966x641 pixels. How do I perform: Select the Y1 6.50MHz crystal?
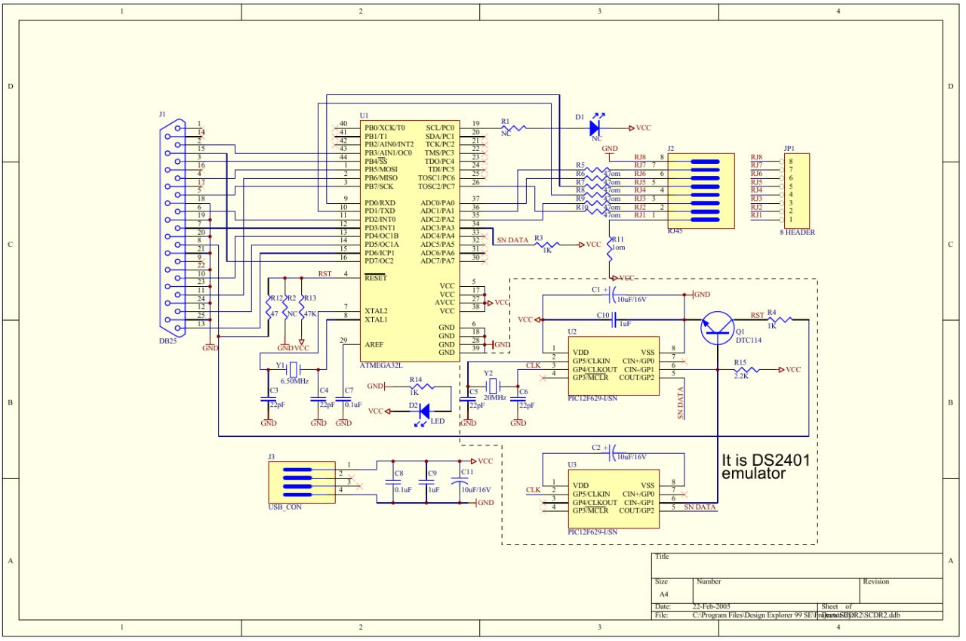[x=294, y=369]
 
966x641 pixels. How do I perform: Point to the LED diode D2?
[x=424, y=411]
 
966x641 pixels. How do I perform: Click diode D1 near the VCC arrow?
[x=599, y=128]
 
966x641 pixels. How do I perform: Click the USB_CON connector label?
[x=285, y=507]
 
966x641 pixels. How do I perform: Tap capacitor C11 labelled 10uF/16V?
[x=457, y=480]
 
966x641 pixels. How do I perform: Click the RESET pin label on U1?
[x=375, y=278]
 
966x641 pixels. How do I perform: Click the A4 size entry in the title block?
[x=663, y=595]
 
